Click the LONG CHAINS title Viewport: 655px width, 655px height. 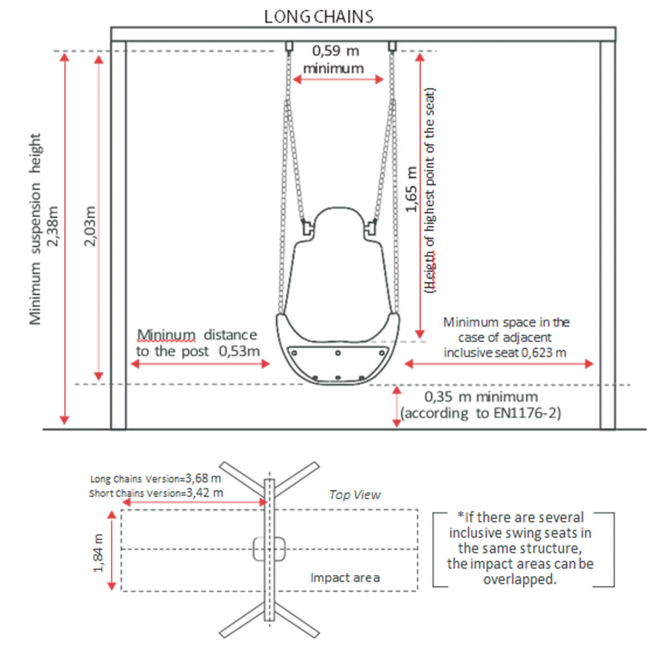pyautogui.click(x=318, y=16)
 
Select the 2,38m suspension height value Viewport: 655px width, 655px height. pyautogui.click(x=53, y=225)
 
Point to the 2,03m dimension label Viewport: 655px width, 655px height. pyautogui.click(x=91, y=225)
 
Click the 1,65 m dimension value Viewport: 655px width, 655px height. pyautogui.click(x=412, y=189)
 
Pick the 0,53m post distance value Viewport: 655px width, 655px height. pyautogui.click(x=239, y=351)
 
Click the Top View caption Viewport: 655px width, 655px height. pyautogui.click(x=355, y=495)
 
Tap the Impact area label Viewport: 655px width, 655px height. pyautogui.click(x=345, y=577)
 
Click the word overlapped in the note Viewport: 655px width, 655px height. pyautogui.click(x=520, y=579)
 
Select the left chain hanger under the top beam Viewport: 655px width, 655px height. pyautogui.click(x=289, y=46)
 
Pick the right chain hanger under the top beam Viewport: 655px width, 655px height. pyautogui.click(x=392, y=46)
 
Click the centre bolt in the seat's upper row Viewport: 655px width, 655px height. pyautogui.click(x=338, y=353)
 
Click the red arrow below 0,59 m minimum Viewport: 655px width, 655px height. pyautogui.click(x=338, y=80)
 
